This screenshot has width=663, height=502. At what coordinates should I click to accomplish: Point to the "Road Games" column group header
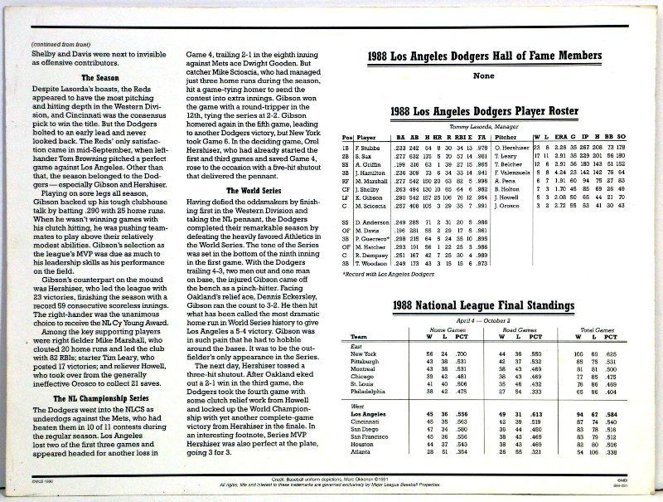518,329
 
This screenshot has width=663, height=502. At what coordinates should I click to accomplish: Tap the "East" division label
357,346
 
